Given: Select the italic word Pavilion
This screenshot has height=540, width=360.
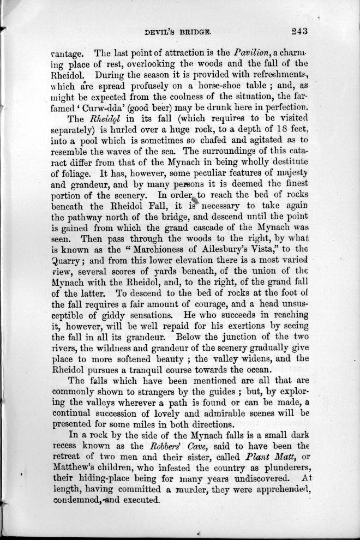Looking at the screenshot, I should click(x=252, y=54).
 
